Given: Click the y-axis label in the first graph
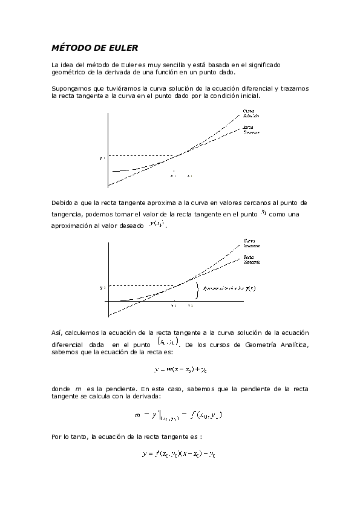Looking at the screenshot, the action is coord(103,158).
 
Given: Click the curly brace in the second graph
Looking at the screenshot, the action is coord(197,289).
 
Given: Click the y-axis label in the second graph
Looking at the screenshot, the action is coord(103,287).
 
